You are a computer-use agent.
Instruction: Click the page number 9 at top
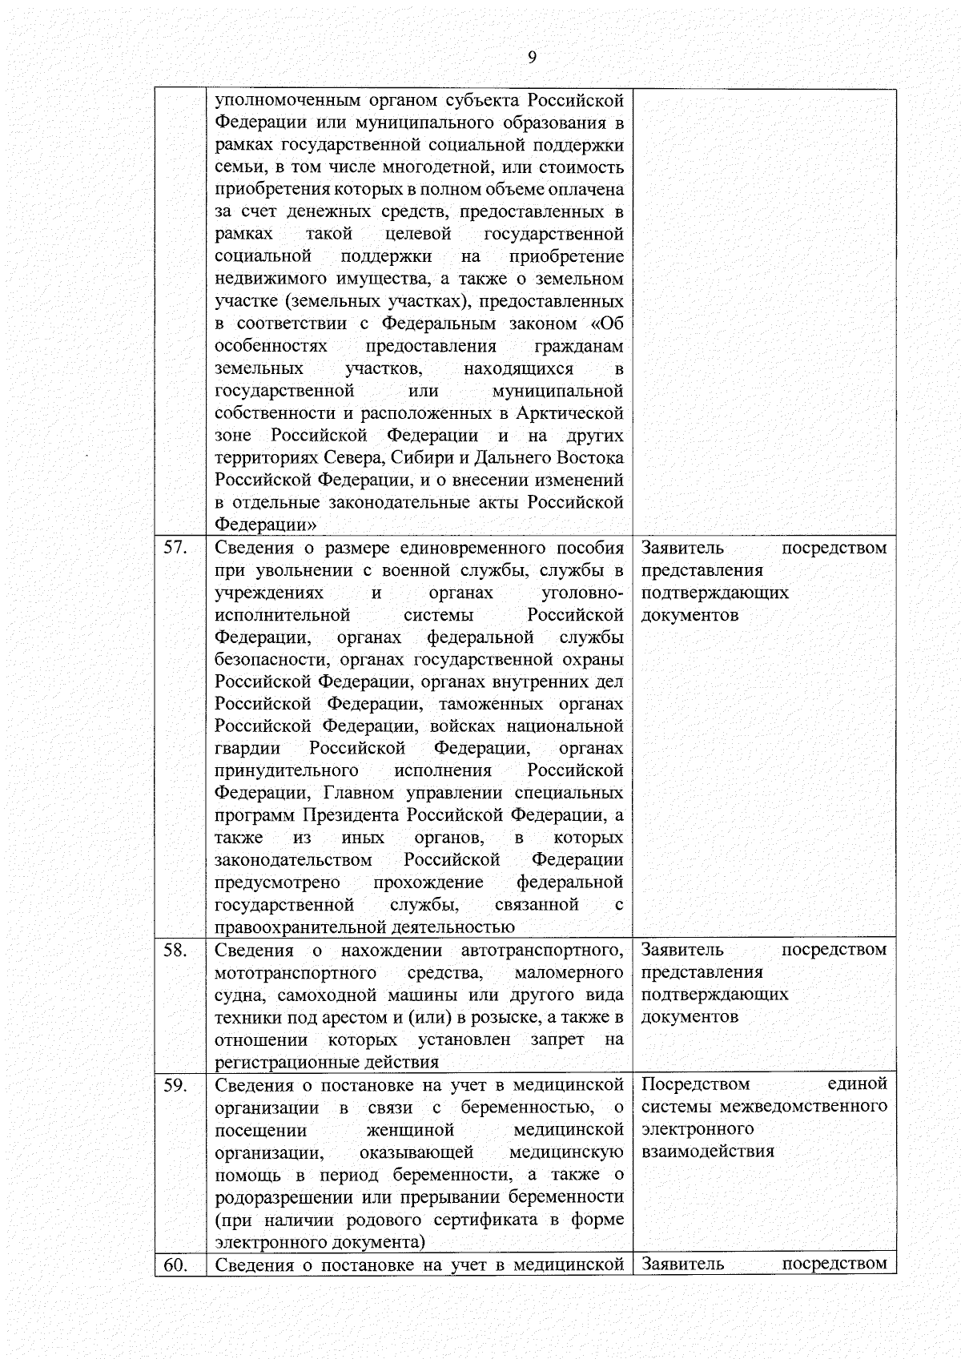532,57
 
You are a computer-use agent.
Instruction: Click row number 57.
175,548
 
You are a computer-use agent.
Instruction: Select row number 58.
175,950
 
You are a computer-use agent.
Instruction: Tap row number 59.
175,1085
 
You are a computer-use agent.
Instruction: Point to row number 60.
175,1265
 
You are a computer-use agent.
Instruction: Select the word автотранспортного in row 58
541,951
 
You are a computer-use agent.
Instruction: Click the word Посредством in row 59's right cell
695,1084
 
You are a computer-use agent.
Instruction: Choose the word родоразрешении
284,1197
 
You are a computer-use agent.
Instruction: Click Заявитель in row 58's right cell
682,950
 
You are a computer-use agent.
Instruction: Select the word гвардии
247,748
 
